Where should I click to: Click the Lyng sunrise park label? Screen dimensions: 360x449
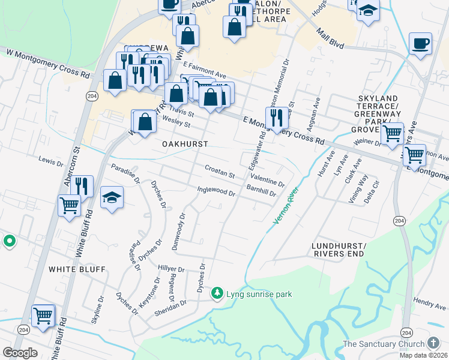[259, 294]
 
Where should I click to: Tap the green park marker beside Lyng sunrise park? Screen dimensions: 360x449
[217, 294]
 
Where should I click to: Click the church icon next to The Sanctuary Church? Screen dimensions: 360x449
[434, 344]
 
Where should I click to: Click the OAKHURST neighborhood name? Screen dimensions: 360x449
[185, 145]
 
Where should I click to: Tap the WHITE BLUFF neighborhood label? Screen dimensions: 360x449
[77, 269]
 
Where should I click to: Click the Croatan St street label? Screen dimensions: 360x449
[219, 172]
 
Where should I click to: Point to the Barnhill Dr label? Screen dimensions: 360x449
[261, 191]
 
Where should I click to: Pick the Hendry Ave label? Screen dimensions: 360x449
[429, 304]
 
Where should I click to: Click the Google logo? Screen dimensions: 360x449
[20, 353]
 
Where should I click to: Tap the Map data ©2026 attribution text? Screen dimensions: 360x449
[424, 355]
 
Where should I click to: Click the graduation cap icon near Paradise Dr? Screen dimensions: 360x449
[112, 197]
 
